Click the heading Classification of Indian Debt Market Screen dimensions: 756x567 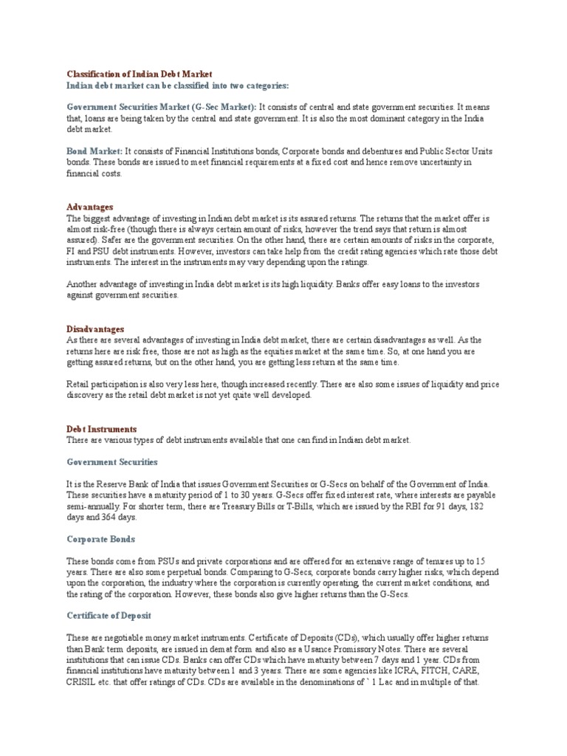(x=140, y=74)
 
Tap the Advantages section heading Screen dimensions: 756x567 (x=90, y=207)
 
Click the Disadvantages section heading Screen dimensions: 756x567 (x=95, y=329)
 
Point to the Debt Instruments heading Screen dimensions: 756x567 (x=102, y=428)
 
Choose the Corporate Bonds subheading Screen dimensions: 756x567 (x=101, y=539)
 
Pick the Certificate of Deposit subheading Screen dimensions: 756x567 (x=109, y=615)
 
